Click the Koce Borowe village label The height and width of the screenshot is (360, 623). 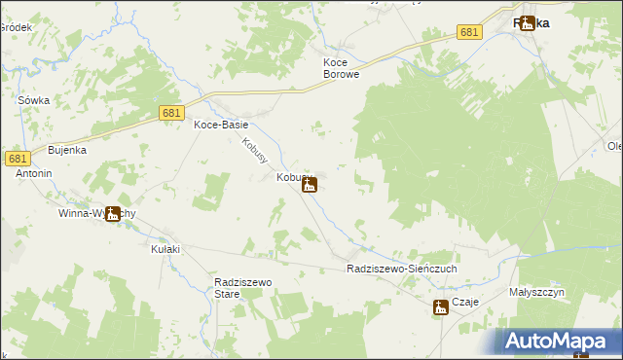342,67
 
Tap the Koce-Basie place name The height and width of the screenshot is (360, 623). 221,126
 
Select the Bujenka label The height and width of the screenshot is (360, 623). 68,150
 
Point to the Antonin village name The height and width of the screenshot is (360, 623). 32,173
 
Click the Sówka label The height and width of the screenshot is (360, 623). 33,100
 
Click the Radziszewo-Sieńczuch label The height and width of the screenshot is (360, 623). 401,269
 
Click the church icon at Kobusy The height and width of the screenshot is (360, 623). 310,184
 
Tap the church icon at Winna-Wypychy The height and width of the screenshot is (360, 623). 113,214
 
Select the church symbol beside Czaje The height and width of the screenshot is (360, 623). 441,307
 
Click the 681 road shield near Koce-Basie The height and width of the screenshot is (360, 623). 172,114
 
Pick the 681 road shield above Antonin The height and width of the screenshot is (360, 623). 18,158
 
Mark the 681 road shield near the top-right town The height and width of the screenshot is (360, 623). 470,32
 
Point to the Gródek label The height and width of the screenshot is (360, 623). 16,27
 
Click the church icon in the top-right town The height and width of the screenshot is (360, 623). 528,22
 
